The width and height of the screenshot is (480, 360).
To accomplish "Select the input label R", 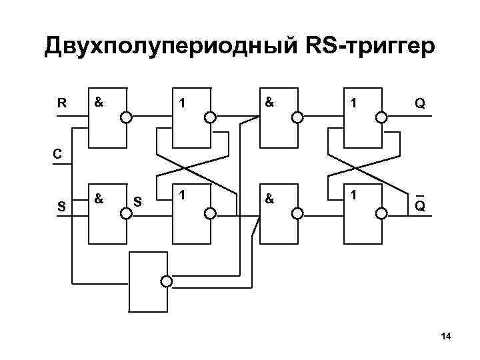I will (x=61, y=103).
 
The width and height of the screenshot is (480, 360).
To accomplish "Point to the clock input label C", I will (x=58, y=154).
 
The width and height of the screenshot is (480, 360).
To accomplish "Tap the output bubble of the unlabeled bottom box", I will (x=167, y=281).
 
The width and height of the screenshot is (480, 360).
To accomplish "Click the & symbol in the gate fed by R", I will (x=99, y=103).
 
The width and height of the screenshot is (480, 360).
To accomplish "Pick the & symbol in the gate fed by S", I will (x=99, y=199).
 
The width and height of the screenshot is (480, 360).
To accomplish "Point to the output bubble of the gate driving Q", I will (x=381, y=118).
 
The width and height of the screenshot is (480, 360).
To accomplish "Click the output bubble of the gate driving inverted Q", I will (x=381, y=213).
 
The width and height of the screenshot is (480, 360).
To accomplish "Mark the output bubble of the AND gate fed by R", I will (x=125, y=118).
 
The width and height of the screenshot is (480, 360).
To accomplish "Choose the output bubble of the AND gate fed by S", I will (x=125, y=213).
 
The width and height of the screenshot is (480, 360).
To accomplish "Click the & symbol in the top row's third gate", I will (x=269, y=103).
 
